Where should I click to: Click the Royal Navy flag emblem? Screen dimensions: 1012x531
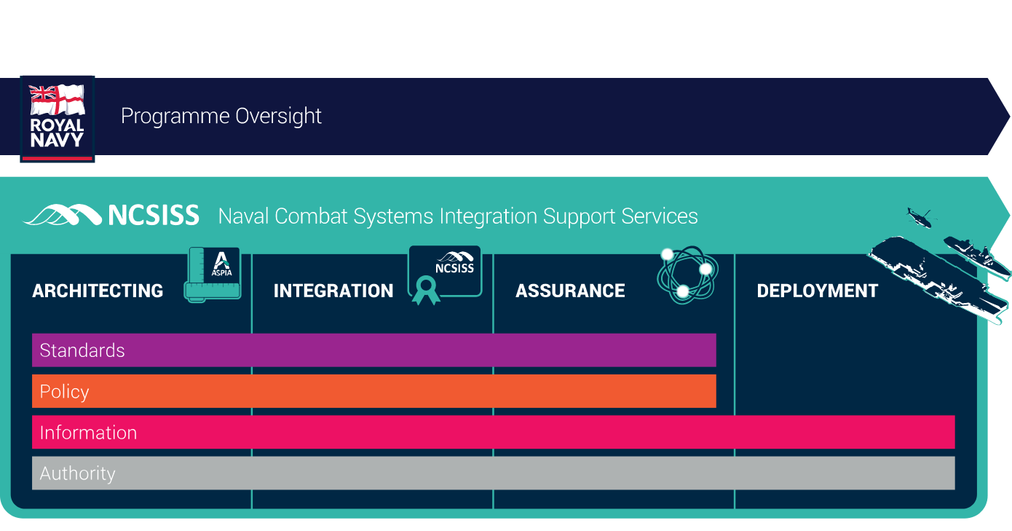click(57, 99)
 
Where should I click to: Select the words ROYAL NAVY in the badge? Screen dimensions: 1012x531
click(57, 133)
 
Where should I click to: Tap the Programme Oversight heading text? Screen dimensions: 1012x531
click(221, 116)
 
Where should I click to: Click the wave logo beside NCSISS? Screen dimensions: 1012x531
click(63, 215)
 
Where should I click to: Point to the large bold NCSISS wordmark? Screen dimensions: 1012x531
click(154, 215)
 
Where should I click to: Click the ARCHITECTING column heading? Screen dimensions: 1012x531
click(98, 291)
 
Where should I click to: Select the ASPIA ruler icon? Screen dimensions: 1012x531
click(213, 275)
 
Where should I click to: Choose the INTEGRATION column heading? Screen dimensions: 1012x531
click(333, 291)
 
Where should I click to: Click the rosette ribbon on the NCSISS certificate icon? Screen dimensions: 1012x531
click(426, 290)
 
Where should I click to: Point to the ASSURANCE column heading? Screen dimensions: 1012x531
click(570, 291)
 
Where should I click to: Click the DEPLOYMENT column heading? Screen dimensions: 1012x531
click(818, 291)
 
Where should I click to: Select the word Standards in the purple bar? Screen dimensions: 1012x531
click(82, 350)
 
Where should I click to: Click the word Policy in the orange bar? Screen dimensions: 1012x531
click(64, 392)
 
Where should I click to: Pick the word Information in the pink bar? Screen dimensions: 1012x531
click(88, 433)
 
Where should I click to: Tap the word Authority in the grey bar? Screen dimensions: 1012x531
click(77, 473)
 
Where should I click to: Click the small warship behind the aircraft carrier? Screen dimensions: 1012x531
click(976, 256)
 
